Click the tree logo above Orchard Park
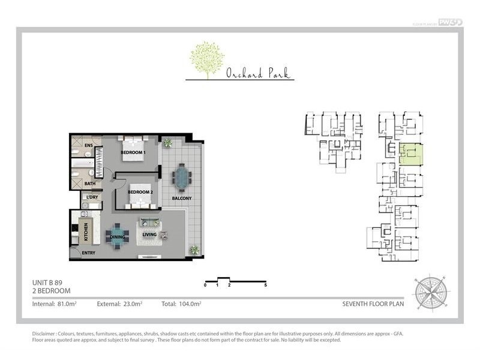(207, 59)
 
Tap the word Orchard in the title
(241, 74)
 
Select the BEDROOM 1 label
(133, 152)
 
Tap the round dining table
(117, 235)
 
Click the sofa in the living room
(148, 223)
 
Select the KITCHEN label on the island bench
(86, 231)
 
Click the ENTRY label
(88, 253)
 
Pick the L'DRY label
(92, 197)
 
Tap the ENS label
(88, 145)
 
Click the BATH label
(89, 184)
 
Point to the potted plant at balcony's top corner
(168, 143)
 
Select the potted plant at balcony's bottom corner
(194, 250)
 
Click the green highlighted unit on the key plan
(411, 154)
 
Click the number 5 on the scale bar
(265, 285)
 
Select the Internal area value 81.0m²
(66, 304)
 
